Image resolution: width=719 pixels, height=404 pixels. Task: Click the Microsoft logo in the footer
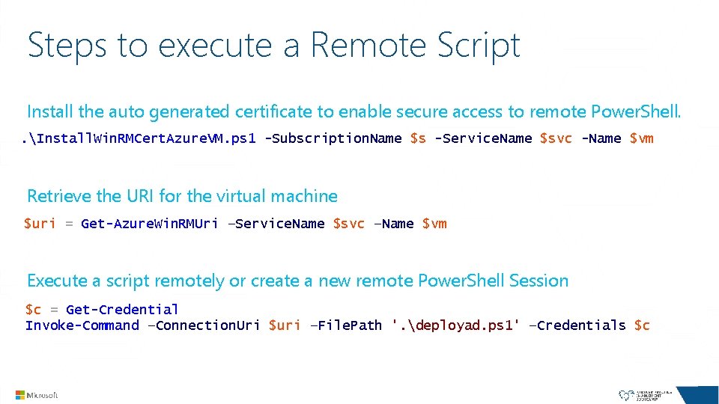pos(37,394)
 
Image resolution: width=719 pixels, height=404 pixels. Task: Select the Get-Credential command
pos(122,310)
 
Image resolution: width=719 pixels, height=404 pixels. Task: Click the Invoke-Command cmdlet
pos(82,325)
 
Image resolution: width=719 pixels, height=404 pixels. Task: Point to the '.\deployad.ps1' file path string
pos(455,325)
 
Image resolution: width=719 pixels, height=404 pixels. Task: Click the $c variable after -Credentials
pos(642,325)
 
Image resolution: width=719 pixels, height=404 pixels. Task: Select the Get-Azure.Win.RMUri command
pos(150,224)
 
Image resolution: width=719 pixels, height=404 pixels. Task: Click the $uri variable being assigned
pos(40,224)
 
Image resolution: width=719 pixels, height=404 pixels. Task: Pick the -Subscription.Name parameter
pos(333,138)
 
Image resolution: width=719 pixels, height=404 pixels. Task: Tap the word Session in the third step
pos(539,281)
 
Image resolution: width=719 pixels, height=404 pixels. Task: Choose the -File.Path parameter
pos(345,325)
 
